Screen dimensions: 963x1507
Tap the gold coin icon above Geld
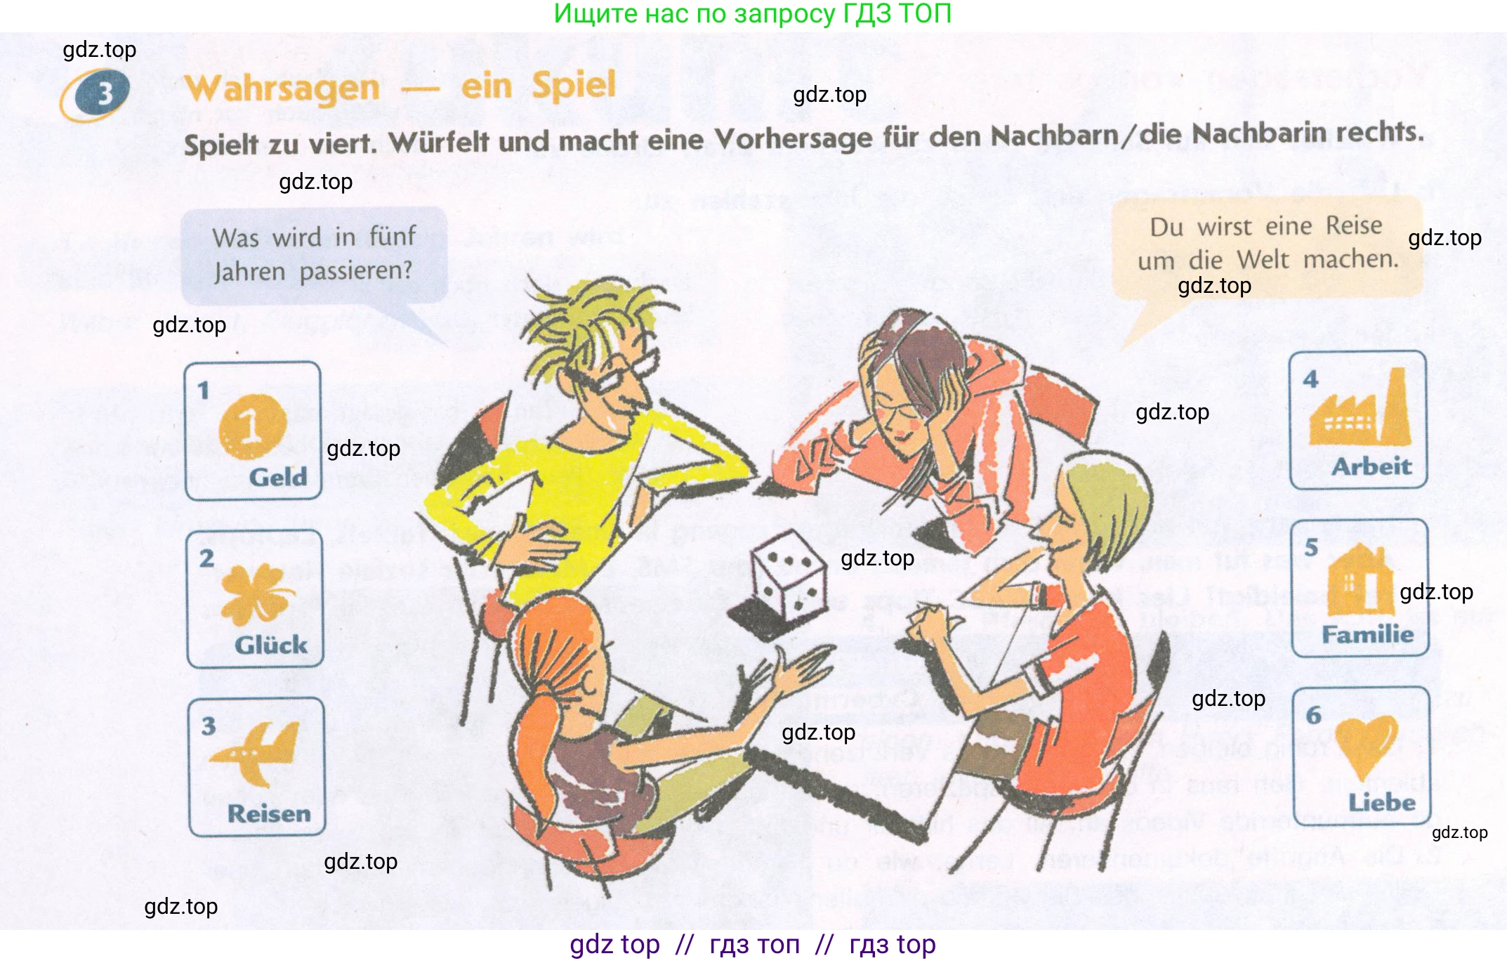coord(252,426)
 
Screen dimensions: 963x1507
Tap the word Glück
coord(271,645)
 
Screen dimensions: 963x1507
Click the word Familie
coord(1367,634)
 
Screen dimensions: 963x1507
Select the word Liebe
coord(1381,802)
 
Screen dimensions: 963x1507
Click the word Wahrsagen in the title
coord(282,89)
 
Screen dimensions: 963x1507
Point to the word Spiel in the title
coord(573,86)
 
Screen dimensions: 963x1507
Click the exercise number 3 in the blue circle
coord(104,93)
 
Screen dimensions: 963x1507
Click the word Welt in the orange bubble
coord(1263,260)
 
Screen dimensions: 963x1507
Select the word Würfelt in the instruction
coord(439,143)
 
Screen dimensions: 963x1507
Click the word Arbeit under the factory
coord(1371,466)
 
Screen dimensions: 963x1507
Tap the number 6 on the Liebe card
coord(1313,715)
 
